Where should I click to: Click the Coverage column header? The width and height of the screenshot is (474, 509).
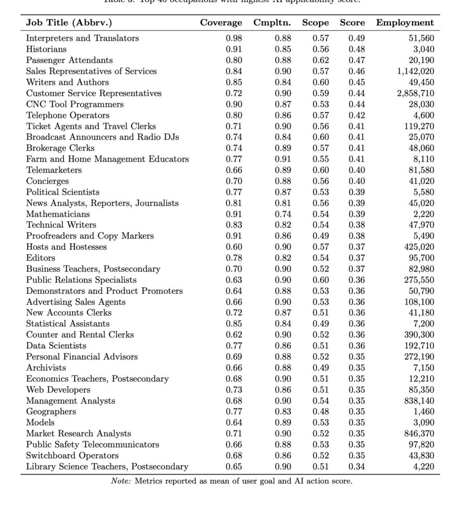[221, 23]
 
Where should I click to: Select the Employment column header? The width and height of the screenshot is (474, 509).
[405, 23]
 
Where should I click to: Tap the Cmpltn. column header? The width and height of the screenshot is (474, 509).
[275, 23]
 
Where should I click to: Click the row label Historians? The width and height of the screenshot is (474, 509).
[46, 49]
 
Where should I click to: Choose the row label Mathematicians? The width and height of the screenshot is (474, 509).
[58, 214]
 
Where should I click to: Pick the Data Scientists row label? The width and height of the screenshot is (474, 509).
[56, 345]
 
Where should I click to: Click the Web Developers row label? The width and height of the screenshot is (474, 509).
[58, 390]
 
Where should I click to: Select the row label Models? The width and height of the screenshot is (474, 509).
[40, 423]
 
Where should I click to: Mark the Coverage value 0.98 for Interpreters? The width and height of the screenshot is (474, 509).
[234, 38]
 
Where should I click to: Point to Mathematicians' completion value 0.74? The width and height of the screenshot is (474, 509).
[283, 214]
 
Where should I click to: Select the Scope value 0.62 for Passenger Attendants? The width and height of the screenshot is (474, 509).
[321, 60]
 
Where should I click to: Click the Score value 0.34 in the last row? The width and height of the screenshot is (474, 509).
[356, 466]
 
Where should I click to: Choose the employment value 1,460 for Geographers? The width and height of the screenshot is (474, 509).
[424, 412]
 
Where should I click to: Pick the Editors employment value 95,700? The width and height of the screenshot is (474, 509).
[421, 258]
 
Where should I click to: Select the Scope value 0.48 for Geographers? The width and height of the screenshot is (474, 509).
[321, 412]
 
